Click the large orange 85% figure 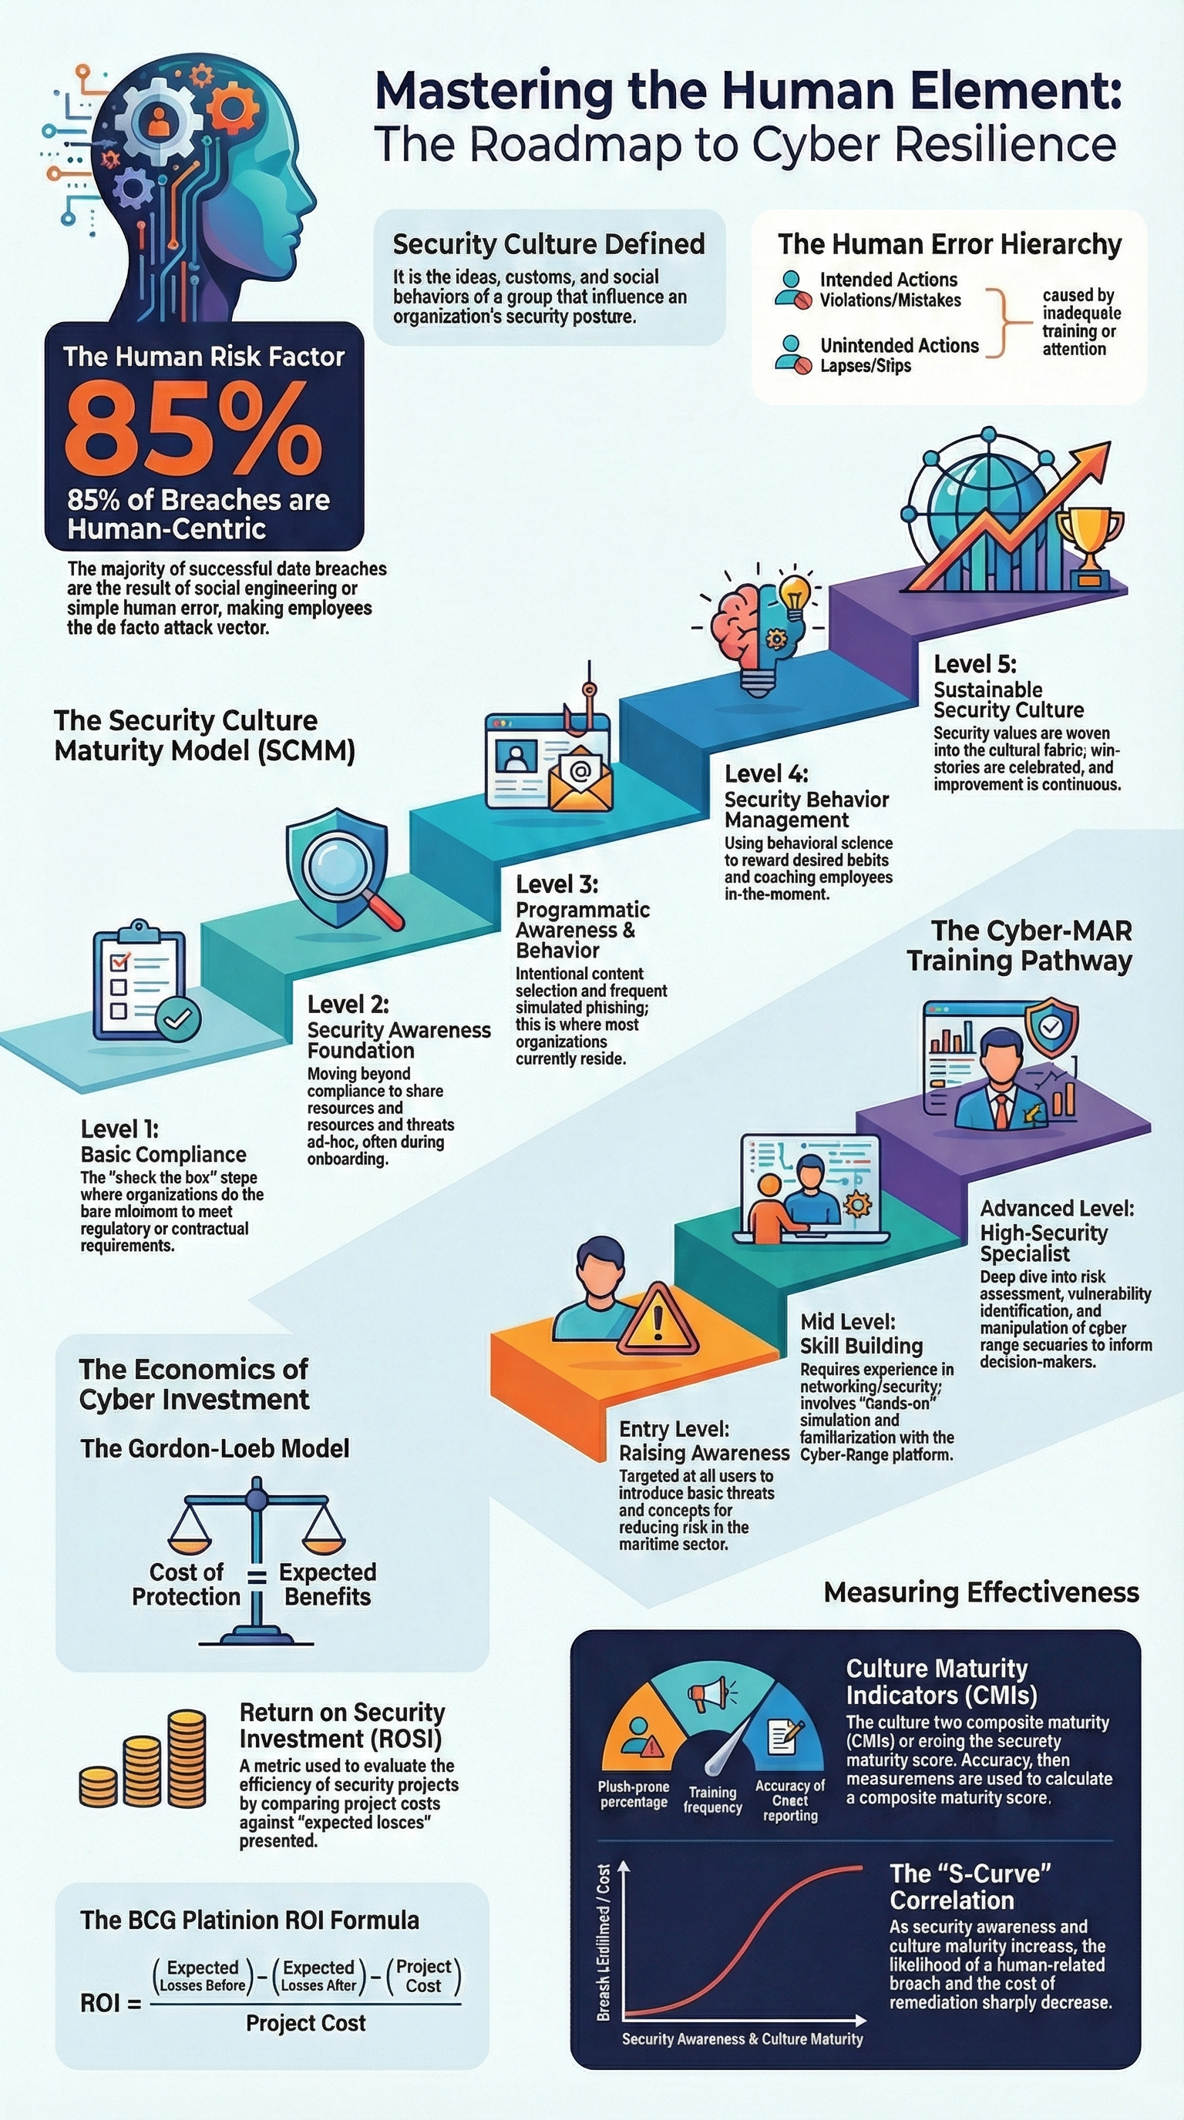193,431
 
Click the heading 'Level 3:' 557,884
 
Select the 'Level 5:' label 974,663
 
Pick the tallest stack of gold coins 186,1756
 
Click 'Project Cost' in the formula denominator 305,2022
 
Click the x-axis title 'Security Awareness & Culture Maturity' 742,2038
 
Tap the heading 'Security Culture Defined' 548,244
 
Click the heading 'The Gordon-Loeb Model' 215,1447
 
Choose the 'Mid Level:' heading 847,1322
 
